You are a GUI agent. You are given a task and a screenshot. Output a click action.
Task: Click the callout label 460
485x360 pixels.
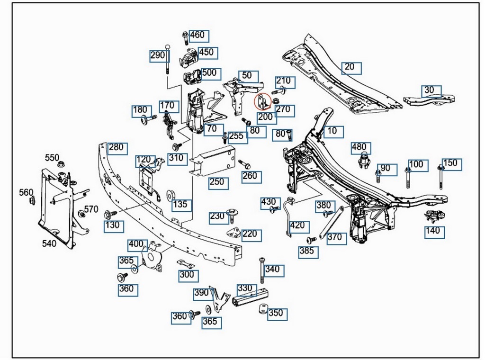[197, 35]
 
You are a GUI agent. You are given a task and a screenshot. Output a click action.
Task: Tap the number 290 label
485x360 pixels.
[158, 55]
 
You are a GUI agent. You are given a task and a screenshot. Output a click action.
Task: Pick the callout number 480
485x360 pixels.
[359, 147]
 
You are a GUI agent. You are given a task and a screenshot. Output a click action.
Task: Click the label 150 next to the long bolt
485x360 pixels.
[450, 163]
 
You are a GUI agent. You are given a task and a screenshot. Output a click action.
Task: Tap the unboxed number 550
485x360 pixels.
[52, 158]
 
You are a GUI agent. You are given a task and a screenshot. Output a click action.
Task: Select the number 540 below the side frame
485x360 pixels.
[49, 243]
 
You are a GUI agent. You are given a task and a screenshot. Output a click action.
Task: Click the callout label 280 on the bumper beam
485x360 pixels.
[116, 147]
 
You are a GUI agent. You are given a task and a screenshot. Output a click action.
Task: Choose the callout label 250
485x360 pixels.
[217, 182]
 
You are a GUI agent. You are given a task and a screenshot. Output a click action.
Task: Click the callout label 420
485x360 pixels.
[297, 225]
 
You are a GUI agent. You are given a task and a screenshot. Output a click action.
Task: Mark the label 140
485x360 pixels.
[432, 232]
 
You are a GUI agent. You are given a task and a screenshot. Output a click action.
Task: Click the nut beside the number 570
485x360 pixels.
[81, 215]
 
